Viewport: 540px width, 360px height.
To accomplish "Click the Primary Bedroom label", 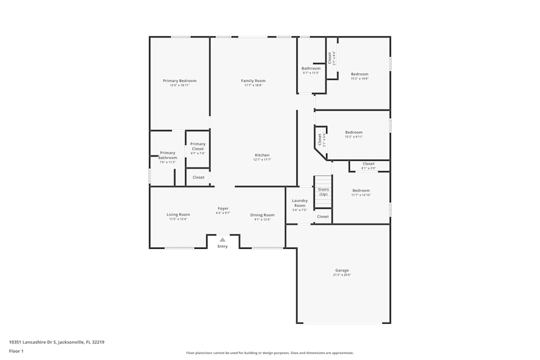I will click(x=180, y=81).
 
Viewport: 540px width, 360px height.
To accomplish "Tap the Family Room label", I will click(x=253, y=81).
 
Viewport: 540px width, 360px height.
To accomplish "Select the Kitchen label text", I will click(x=262, y=155).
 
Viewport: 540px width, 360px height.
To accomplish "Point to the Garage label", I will click(x=342, y=270).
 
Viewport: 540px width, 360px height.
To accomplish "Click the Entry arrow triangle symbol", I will click(x=222, y=240).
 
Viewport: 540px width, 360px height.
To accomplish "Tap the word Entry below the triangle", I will click(x=222, y=247).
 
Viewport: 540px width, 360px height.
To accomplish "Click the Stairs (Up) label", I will click(x=323, y=192).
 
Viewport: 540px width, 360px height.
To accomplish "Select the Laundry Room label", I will click(x=300, y=203).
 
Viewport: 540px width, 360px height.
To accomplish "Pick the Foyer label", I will click(x=223, y=208).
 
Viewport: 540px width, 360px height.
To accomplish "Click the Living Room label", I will click(x=178, y=215).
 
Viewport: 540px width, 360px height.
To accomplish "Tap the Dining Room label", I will click(x=262, y=215).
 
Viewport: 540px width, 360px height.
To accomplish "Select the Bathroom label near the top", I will click(x=311, y=69).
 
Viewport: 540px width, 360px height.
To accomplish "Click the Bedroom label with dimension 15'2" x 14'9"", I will click(x=360, y=74).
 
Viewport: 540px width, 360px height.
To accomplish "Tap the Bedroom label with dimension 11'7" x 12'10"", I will click(x=361, y=191).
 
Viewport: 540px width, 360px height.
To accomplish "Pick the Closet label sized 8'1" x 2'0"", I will click(x=368, y=164).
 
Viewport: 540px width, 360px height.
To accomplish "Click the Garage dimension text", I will click(x=342, y=275).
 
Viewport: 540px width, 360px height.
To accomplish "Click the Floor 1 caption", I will click(x=16, y=351).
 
